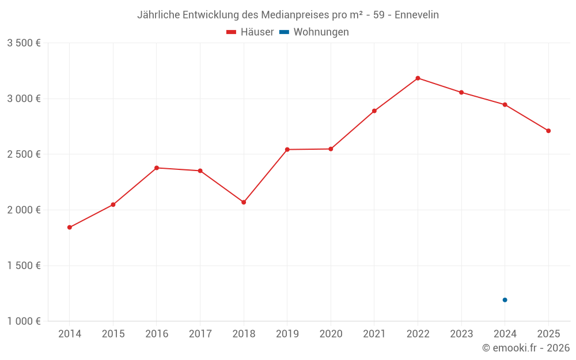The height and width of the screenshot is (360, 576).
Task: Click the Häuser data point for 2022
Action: pyautogui.click(x=418, y=78)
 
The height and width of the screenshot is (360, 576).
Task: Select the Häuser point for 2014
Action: pyautogui.click(x=70, y=228)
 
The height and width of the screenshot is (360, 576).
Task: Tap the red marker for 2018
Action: pyautogui.click(x=244, y=202)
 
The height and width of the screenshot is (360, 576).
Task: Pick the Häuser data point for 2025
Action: pyautogui.click(x=548, y=131)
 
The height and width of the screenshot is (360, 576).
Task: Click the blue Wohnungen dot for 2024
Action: pyautogui.click(x=505, y=300)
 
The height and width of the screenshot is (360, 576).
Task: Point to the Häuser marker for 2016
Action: pyautogui.click(x=157, y=168)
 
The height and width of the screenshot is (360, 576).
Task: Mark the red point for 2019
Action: pyautogui.click(x=287, y=150)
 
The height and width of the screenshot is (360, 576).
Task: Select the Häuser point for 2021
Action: pyautogui.click(x=374, y=111)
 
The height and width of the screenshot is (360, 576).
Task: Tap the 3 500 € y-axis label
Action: pyautogui.click(x=24, y=43)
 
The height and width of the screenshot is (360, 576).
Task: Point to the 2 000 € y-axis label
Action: pyautogui.click(x=24, y=210)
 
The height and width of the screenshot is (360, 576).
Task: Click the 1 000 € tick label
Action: pyautogui.click(x=24, y=321)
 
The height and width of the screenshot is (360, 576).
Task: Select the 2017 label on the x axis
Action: pyautogui.click(x=200, y=334)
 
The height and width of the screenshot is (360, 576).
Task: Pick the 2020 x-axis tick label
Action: pyautogui.click(x=331, y=334)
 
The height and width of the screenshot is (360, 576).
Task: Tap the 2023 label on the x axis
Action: pyautogui.click(x=461, y=334)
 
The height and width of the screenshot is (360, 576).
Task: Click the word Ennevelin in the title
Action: pyautogui.click(x=416, y=15)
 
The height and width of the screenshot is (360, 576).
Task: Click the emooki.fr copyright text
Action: pyautogui.click(x=526, y=348)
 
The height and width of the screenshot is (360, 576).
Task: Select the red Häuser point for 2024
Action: pyautogui.click(x=505, y=105)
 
